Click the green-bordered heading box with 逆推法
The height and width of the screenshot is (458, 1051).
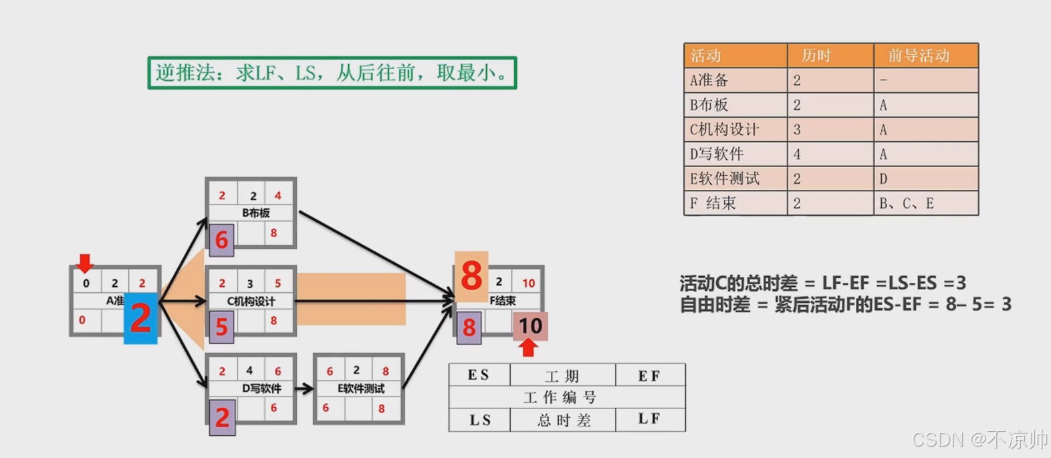[x=332, y=72]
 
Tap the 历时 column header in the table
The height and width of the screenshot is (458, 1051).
[x=830, y=55]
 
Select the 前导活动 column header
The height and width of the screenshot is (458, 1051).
[x=925, y=55]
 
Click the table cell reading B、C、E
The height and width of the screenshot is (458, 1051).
[x=925, y=203]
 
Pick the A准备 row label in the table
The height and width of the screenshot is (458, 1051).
[x=735, y=80]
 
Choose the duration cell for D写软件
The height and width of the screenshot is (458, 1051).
[x=830, y=154]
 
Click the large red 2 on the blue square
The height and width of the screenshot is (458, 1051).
[x=140, y=318]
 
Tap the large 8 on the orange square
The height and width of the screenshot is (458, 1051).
[x=471, y=275]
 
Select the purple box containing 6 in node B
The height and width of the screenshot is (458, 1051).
[x=221, y=239]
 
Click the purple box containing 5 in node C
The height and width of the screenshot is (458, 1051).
[x=221, y=327]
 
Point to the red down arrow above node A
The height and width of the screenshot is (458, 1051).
[x=84, y=263]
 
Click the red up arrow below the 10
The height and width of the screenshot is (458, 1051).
[x=528, y=348]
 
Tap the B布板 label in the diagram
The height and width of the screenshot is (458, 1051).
[x=255, y=213]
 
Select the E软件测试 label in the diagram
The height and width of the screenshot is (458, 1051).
[x=361, y=388]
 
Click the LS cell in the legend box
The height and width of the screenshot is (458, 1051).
[x=479, y=420]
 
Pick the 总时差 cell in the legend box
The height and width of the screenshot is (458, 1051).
[x=563, y=420]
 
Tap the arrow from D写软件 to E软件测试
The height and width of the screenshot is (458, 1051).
[x=304, y=388]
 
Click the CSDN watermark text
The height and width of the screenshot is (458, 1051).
[x=979, y=439]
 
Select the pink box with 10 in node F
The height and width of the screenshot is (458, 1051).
[x=530, y=326]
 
